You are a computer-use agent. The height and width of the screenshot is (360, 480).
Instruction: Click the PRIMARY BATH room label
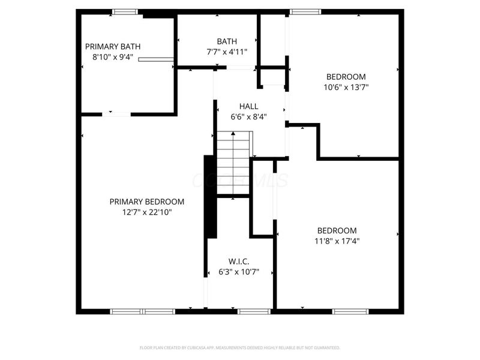point(113,46)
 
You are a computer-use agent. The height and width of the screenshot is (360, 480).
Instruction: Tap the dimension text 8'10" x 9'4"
point(113,58)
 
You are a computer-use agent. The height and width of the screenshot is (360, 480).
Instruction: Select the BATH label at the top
point(227,41)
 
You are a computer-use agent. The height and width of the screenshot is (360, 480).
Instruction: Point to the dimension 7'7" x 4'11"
point(227,52)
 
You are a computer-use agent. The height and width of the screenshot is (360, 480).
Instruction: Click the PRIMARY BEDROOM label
point(147,202)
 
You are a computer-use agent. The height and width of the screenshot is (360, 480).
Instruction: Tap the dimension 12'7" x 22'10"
point(147,212)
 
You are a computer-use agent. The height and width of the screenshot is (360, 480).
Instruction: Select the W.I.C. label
point(239,261)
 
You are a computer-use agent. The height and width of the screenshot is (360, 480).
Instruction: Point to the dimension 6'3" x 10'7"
point(239,272)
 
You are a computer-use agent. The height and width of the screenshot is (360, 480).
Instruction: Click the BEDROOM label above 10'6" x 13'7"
point(346,76)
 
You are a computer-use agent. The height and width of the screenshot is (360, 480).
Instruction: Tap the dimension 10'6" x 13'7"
point(346,87)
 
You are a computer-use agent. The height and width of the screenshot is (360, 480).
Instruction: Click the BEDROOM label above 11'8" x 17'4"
point(337,230)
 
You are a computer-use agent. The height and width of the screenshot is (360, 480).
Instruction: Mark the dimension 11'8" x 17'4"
point(337,241)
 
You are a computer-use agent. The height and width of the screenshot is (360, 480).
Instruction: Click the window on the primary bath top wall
point(125,11)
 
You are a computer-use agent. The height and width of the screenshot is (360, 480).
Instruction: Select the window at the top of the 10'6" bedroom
point(305,11)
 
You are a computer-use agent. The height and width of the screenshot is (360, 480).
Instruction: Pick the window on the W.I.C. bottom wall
point(254,311)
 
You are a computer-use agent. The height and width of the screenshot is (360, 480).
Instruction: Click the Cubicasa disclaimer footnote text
point(240,347)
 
